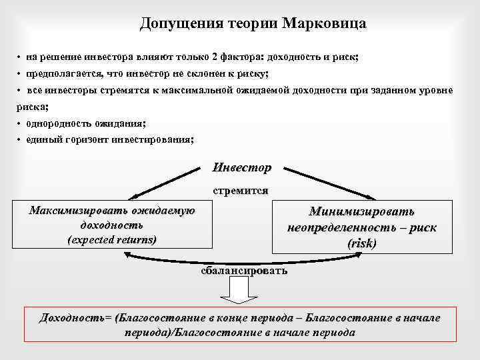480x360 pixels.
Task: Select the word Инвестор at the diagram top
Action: click(241, 167)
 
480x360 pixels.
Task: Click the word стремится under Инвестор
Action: click(241, 190)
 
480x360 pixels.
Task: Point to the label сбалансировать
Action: click(244, 271)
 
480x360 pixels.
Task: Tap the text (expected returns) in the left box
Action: click(112, 239)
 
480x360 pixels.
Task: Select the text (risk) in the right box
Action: click(362, 243)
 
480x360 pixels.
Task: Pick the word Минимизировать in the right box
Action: click(361, 211)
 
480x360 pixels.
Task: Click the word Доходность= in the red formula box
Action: click(75, 317)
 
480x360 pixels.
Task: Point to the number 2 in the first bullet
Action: click(198, 57)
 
